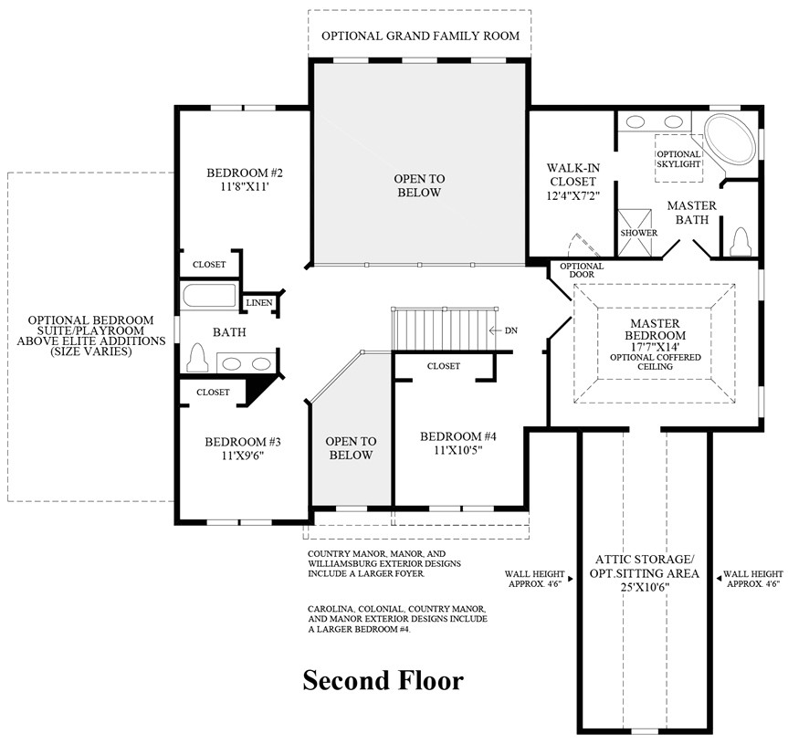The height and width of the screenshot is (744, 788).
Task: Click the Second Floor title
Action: point(383,680)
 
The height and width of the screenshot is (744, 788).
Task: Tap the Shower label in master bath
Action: point(639,233)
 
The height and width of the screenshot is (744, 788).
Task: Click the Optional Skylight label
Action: point(678,159)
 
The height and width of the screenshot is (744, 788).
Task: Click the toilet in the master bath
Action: point(741,241)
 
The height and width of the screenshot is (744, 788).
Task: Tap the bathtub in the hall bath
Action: point(210,297)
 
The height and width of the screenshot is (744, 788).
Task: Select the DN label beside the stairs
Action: point(510,330)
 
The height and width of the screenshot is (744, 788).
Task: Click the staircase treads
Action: point(436,328)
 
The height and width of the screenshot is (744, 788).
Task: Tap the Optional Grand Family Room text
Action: point(420,36)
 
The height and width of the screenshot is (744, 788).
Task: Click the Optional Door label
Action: point(582,270)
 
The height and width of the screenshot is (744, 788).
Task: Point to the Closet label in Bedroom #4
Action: point(443,366)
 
